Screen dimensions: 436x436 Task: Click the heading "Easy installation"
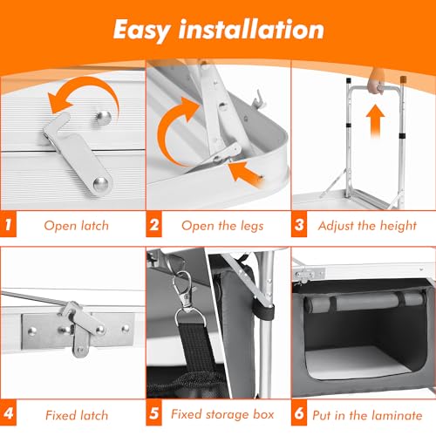click(x=219, y=31)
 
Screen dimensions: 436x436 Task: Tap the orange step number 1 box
click(x=8, y=224)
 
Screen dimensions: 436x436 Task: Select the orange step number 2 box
click(x=153, y=224)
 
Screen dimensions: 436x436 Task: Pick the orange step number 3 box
click(x=299, y=224)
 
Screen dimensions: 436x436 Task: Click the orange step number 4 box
click(x=8, y=412)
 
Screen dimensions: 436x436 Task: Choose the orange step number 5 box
click(x=153, y=412)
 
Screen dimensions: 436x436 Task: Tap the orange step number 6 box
click(x=299, y=412)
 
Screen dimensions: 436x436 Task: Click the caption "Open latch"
click(x=77, y=226)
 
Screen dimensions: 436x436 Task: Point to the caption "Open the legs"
click(x=222, y=226)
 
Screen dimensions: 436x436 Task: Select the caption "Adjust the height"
click(x=367, y=226)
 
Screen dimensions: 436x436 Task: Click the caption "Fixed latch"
click(x=77, y=415)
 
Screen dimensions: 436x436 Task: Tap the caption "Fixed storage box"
click(x=222, y=414)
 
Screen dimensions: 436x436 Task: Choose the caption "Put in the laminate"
click(x=367, y=415)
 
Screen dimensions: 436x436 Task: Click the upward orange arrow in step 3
click(x=375, y=121)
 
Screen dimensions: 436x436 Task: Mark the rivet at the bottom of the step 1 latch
click(x=100, y=183)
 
